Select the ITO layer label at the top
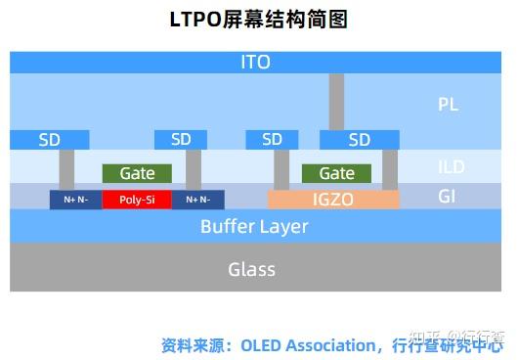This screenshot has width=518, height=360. point(255,63)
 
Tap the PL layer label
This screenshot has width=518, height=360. point(448,104)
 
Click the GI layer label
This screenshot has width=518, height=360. point(447,197)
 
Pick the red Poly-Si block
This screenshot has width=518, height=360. point(137,200)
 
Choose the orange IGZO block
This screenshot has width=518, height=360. point(333,200)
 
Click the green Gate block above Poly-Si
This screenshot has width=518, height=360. point(137,173)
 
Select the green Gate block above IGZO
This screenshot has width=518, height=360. point(336,173)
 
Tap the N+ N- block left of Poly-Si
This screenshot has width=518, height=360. point(75,200)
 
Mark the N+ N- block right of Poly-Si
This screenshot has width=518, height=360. point(197,200)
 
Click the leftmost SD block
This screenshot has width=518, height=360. point(50,140)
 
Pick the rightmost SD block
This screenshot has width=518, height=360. point(360,140)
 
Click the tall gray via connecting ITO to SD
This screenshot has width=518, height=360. point(336,101)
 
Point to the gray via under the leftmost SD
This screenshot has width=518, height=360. point(66,169)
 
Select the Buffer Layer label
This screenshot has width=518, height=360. point(254,227)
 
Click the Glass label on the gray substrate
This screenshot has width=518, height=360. point(251,269)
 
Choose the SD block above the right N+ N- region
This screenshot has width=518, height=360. point(181,140)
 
